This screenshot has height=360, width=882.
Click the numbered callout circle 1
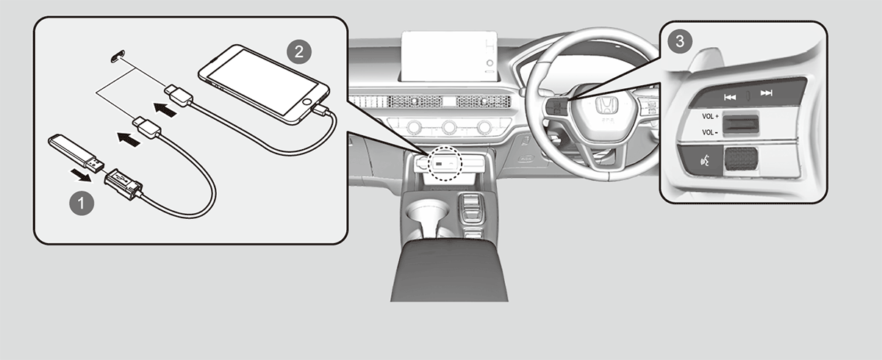tap(82, 204)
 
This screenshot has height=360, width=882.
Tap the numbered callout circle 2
tap(299, 52)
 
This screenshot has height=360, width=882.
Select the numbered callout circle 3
tap(680, 41)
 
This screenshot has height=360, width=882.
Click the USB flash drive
tap(76, 153)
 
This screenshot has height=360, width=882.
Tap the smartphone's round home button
tap(307, 102)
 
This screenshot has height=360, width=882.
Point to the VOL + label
tap(710, 117)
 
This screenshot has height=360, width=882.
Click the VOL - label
tap(709, 132)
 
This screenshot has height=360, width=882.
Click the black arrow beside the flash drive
tap(82, 176)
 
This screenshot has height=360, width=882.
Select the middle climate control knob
tap(449, 127)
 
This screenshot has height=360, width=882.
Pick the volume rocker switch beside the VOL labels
tap(741, 125)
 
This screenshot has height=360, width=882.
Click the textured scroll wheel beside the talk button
tap(741, 159)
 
